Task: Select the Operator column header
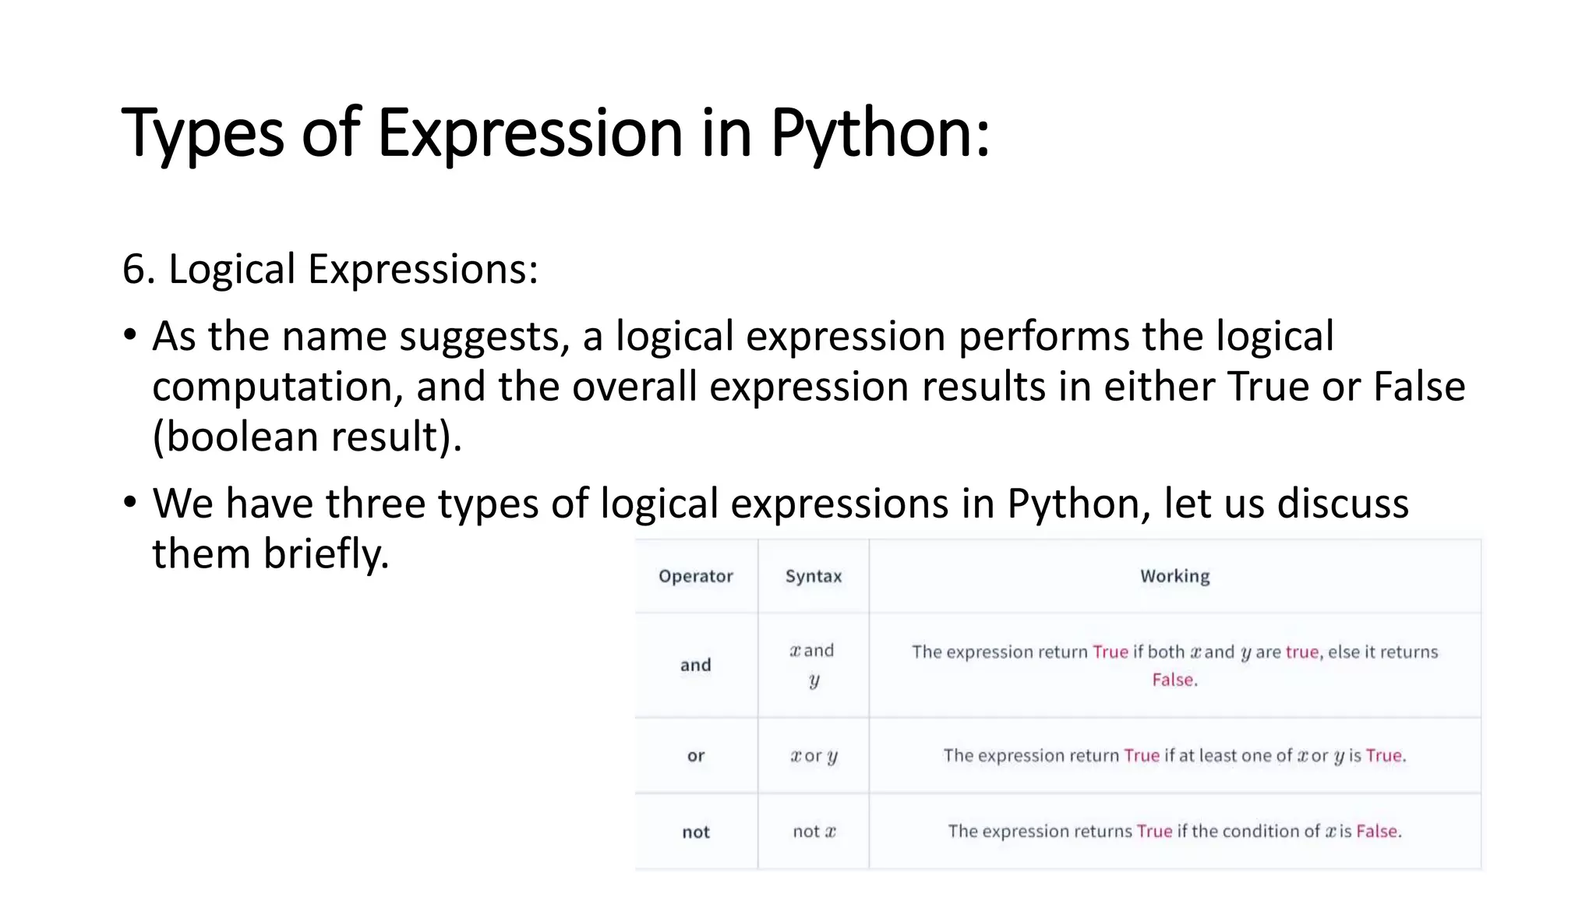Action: (x=695, y=576)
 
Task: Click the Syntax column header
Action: (x=813, y=576)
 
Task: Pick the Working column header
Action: (x=1174, y=576)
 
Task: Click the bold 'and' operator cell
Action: (x=695, y=665)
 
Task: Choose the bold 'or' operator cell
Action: (x=695, y=755)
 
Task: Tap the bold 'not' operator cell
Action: (x=695, y=832)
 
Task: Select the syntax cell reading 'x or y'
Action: (x=813, y=755)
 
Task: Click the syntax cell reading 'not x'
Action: (x=813, y=832)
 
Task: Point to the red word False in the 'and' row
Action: (x=1173, y=680)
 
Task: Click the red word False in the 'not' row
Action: (x=1376, y=831)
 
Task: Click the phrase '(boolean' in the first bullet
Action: (x=235, y=437)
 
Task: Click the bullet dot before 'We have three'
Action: (x=130, y=502)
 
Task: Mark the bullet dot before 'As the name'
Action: (x=130, y=335)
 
